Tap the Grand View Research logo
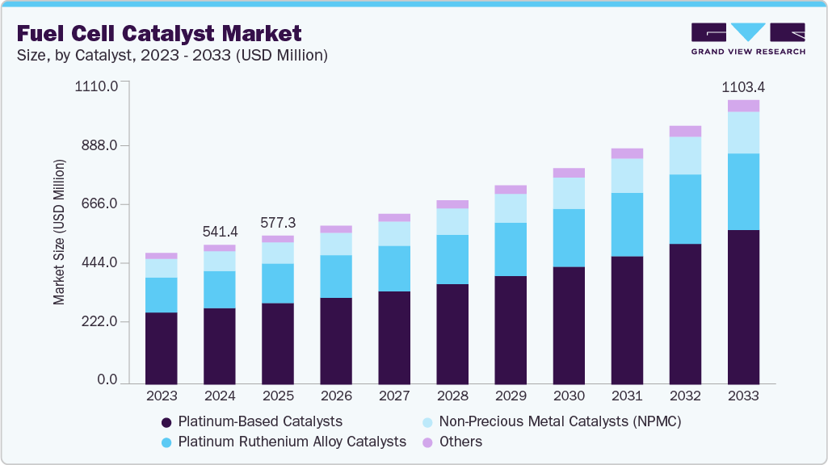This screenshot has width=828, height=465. pos(748,39)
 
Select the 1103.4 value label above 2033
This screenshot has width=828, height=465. pos(743,86)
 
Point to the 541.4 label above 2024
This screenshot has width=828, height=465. pos(219,231)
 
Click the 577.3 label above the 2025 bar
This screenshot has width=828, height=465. pos(277,222)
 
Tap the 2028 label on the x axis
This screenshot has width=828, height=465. pos(452,397)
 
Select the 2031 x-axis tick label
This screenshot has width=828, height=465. pos(626,397)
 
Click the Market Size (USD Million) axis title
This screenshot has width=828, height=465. pos(59,232)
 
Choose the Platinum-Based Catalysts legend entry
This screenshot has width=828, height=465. pos(251,421)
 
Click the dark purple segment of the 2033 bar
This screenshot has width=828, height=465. pos(743,307)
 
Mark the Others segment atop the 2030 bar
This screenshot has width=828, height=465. pos(569,173)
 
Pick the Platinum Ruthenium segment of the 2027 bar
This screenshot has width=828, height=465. pos(394,269)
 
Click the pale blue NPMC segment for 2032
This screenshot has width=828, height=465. pos(685,156)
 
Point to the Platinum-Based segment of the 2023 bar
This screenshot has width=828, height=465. pos(162,348)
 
